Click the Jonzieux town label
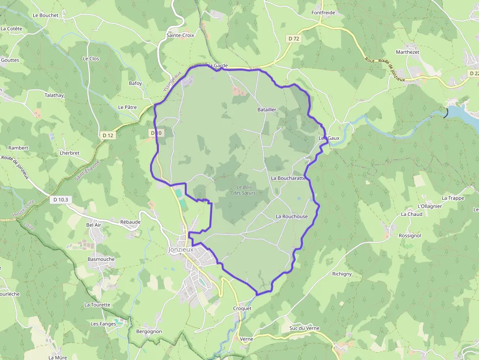pyautogui.click(x=181, y=249)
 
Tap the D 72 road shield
pyautogui.click(x=293, y=39)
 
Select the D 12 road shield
pyautogui.click(x=108, y=135)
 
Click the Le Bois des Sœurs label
pyautogui.click(x=244, y=190)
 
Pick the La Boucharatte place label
pyautogui.click(x=288, y=178)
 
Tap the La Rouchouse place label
pyautogui.click(x=292, y=216)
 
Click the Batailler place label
pyautogui.click(x=267, y=110)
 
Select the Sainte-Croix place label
pyautogui.click(x=180, y=35)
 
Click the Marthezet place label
pyautogui.click(x=408, y=52)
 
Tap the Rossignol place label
pyautogui.click(x=410, y=235)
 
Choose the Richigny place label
pyautogui.click(x=342, y=274)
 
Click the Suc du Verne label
pyautogui.click(x=304, y=328)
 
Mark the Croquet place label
pyautogui.click(x=242, y=309)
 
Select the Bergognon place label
pyautogui.click(x=149, y=332)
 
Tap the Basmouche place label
pyautogui.click(x=101, y=259)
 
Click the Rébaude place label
pyautogui.click(x=130, y=222)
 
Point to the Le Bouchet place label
pyautogui.click(x=45, y=15)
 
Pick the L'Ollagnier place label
pyautogui.click(x=430, y=206)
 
